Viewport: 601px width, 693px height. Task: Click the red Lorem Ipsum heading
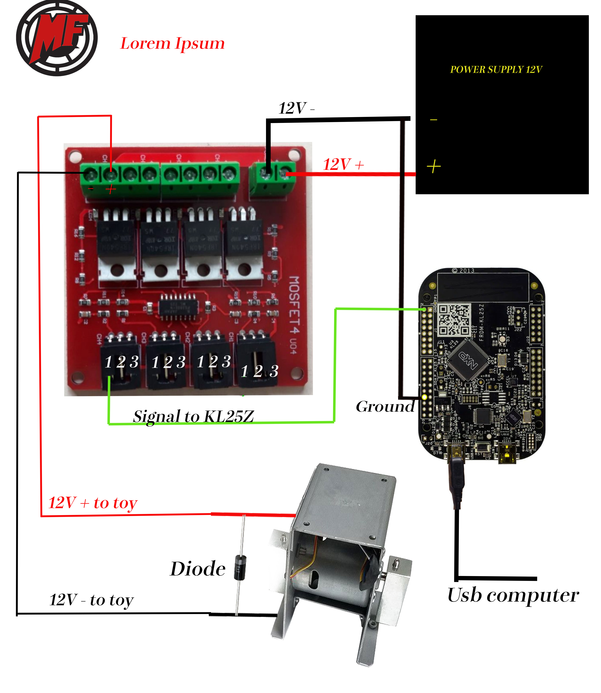click(x=172, y=44)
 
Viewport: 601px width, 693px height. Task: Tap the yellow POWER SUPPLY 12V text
click(x=496, y=69)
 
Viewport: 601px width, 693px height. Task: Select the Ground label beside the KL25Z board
click(x=385, y=407)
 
